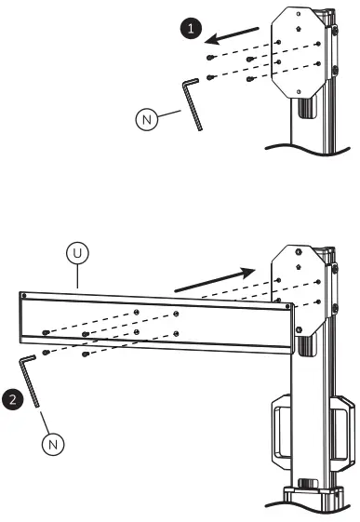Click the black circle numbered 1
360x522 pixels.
(x=191, y=30)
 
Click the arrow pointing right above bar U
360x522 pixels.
(x=213, y=277)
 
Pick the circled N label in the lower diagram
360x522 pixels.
(x=53, y=444)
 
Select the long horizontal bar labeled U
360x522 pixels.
(x=158, y=321)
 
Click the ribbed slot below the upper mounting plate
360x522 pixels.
(x=303, y=109)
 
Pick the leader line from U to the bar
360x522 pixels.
(x=78, y=275)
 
